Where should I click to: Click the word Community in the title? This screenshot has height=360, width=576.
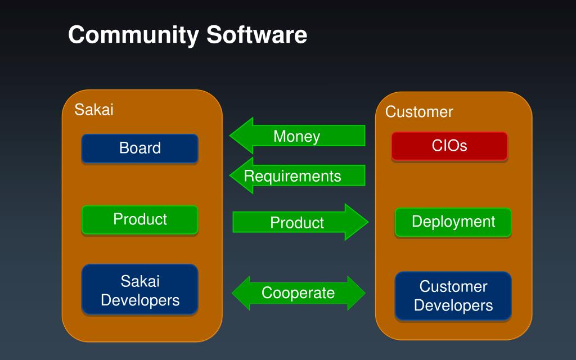coord(133,35)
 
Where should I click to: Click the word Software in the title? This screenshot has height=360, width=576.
coord(256,35)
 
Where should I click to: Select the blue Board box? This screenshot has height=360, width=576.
coord(140,148)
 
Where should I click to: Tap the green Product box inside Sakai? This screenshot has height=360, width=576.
coord(140,219)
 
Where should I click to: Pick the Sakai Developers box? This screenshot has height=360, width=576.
coord(140,290)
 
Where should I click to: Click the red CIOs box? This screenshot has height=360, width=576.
coord(449,146)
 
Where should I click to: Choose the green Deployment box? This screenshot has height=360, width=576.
coord(453,222)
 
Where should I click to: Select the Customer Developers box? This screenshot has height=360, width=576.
coord(453,296)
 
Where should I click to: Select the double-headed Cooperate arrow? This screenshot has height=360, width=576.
coord(298,293)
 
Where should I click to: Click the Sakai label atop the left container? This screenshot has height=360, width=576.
coord(94,109)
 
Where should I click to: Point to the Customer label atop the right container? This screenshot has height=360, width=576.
coord(419,112)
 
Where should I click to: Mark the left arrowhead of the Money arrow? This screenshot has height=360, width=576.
coord(241,136)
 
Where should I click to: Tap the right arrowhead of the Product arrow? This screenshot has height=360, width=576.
coord(357,222)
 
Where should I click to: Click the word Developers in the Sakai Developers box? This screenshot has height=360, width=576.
coord(140,300)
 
